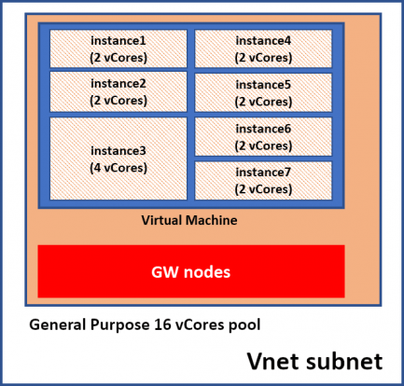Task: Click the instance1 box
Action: pyautogui.click(x=118, y=48)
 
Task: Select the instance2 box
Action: pyautogui.click(x=118, y=91)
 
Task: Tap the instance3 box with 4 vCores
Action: pyautogui.click(x=118, y=158)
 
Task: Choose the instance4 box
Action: pyautogui.click(x=263, y=48)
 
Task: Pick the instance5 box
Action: pyautogui.click(x=263, y=92)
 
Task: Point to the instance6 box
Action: pyautogui.click(x=263, y=136)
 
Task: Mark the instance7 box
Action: pyautogui.click(x=263, y=180)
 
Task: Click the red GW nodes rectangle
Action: pyautogui.click(x=190, y=271)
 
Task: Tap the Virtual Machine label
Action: pyautogui.click(x=189, y=220)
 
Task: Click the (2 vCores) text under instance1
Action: pyautogui.click(x=118, y=57)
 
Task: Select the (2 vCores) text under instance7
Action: pyautogui.click(x=263, y=188)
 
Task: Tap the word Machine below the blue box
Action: pyautogui.click(x=211, y=220)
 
